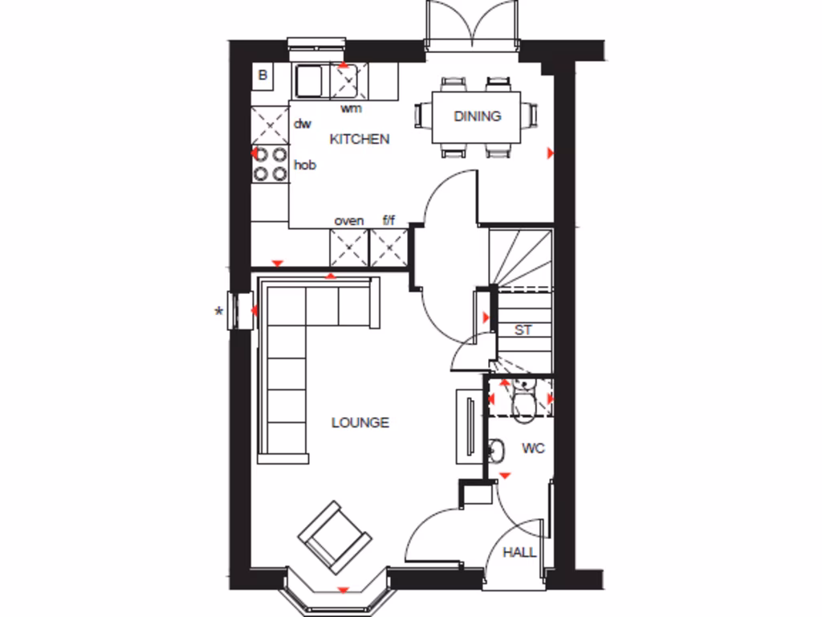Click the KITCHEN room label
[360, 139]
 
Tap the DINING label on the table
[477, 116]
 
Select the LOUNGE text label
[360, 423]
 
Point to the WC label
[533, 448]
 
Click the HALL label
[519, 553]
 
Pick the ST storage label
[523, 330]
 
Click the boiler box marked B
[262, 76]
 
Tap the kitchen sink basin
[308, 80]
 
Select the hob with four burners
[271, 163]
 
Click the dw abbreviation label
[302, 124]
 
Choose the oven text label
[348, 220]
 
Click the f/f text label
[389, 220]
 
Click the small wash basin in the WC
[495, 452]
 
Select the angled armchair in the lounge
[335, 537]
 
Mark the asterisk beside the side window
[218, 312]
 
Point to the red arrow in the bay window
[344, 590]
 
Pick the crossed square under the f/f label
[389, 247]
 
